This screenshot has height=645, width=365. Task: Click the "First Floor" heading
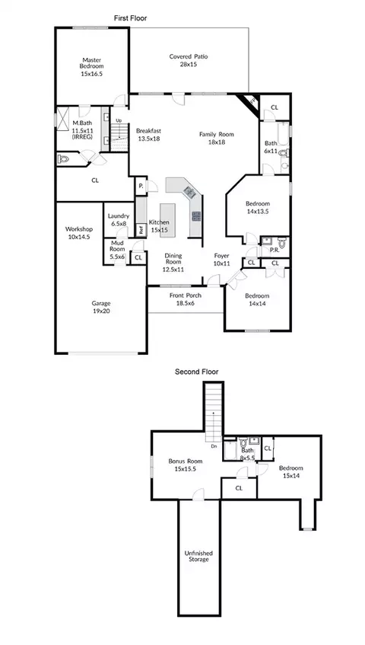tap(130, 18)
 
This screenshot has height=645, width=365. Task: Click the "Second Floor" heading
tap(197, 372)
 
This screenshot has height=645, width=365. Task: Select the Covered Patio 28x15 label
tap(189, 60)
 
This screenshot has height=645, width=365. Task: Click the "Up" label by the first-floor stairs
tap(119, 120)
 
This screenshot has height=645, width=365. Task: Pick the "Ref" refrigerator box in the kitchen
tap(141, 230)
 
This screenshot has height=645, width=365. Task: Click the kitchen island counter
tap(167, 219)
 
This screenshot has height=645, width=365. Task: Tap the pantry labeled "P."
tap(141, 186)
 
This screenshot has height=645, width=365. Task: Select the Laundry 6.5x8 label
tap(119, 219)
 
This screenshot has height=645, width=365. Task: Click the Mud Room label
tap(117, 250)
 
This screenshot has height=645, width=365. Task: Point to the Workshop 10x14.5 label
tap(79, 232)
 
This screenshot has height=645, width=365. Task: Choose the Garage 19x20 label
tap(101, 308)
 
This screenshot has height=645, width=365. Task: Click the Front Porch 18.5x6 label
tap(186, 299)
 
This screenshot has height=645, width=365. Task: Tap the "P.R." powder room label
tap(275, 250)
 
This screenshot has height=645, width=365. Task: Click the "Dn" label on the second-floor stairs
tap(214, 446)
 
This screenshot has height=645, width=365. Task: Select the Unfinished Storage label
tap(198, 556)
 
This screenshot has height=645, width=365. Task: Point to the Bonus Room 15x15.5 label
tap(186, 465)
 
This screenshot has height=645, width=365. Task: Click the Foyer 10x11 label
tap(222, 260)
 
